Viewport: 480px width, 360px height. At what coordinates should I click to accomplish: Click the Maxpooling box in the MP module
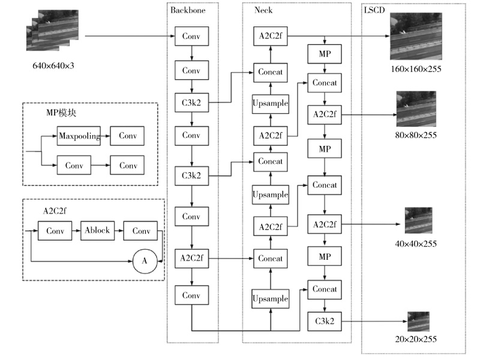pyautogui.click(x=79, y=136)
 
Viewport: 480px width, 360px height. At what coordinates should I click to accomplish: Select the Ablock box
pyautogui.click(x=97, y=230)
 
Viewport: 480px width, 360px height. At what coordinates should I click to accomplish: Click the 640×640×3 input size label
pyautogui.click(x=53, y=65)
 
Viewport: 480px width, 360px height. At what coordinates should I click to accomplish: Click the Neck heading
pyautogui.click(x=263, y=10)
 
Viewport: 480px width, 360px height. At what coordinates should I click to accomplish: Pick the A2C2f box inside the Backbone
pyautogui.click(x=191, y=259)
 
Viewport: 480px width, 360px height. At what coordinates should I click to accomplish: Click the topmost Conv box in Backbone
pyautogui.click(x=191, y=37)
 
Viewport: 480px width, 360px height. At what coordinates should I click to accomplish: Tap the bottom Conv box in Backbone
pyautogui.click(x=191, y=295)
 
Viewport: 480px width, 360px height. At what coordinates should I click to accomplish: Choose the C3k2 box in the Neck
pyautogui.click(x=324, y=321)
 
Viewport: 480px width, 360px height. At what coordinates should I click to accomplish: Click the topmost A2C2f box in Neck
pyautogui.click(x=271, y=37)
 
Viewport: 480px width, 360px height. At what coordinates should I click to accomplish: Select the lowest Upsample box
pyautogui.click(x=271, y=298)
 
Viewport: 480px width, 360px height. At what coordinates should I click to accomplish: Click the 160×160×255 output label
pyautogui.click(x=416, y=69)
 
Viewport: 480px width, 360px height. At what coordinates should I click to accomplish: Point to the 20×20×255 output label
pyautogui.click(x=416, y=339)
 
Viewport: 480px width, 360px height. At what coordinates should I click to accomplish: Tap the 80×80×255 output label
pyautogui.click(x=416, y=135)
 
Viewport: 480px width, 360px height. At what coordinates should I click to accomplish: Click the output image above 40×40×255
pyautogui.click(x=418, y=220)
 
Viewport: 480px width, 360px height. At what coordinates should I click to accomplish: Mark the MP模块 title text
pyautogui.click(x=61, y=113)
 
